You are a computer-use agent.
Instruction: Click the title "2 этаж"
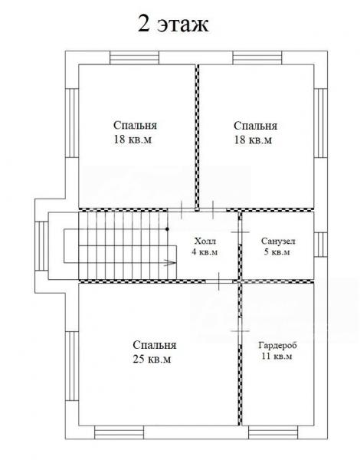pos(173,24)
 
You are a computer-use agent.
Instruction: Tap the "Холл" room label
pos(205,242)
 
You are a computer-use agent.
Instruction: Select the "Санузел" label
pos(278,242)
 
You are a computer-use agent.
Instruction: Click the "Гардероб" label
pos(277,345)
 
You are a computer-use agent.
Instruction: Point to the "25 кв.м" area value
pos(152,359)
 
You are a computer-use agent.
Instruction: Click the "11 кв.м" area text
pos(277,356)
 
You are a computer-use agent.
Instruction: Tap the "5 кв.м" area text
pos(277,252)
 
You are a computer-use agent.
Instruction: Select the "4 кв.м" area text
pos(205,252)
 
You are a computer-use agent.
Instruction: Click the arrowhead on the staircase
pos(170,262)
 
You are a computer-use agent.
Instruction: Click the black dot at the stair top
pos(168,228)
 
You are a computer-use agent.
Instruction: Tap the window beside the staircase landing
pos(41,246)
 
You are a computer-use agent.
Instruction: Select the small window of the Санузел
pos(320,245)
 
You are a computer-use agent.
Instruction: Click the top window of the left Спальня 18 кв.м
pos(135,58)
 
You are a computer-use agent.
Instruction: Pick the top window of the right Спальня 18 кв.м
pos(257,58)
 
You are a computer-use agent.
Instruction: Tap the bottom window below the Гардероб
pos(273,432)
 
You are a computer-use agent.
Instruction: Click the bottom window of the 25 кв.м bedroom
pos(119,432)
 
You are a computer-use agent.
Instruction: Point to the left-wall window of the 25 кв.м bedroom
pos(72,366)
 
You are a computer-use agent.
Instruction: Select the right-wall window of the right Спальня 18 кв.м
pos(320,123)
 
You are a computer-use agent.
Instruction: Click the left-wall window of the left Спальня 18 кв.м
pos(72,123)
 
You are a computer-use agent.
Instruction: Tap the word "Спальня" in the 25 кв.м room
pos(155,345)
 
